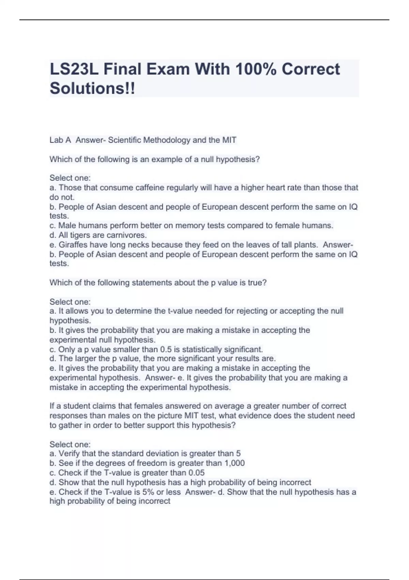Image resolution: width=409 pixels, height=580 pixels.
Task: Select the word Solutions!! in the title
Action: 92,88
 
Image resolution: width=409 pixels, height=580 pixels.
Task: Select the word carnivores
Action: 126,235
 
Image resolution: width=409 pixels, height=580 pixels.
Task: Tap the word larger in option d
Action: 85,359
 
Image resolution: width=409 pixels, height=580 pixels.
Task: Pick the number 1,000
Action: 234,463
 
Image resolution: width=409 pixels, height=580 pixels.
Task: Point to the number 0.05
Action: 195,473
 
